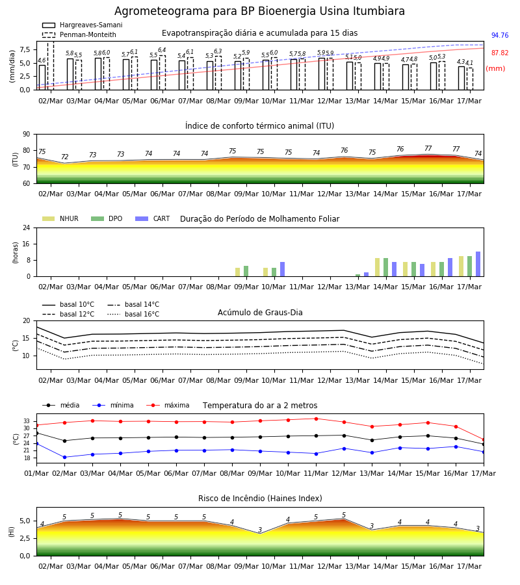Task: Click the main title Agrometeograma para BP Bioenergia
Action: pyautogui.click(x=259, y=11)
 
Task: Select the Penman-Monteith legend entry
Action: pyautogui.click(x=79, y=34)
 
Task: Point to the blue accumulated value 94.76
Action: pyautogui.click(x=500, y=36)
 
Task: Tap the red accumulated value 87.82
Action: pyautogui.click(x=500, y=53)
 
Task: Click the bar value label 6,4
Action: pyautogui.click(x=162, y=50)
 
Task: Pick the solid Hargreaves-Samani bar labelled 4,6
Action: pyautogui.click(x=42, y=77)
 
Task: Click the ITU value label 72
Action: pyautogui.click(x=64, y=157)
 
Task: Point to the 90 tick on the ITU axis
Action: pyautogui.click(x=27, y=135)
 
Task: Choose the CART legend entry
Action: pyautogui.click(x=153, y=218)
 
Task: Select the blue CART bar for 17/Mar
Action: pyautogui.click(x=478, y=264)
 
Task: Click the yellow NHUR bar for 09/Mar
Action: pyautogui.click(x=238, y=272)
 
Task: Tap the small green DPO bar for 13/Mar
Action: pyautogui.click(x=357, y=276)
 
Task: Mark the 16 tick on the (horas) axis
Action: pyautogui.click(x=27, y=244)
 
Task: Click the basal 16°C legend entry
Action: pyautogui.click(x=133, y=314)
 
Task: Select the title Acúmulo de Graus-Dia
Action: pyautogui.click(x=260, y=313)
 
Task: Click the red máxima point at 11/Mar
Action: pyautogui.click(x=317, y=419)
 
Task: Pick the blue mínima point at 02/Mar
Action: pyautogui.click(x=64, y=457)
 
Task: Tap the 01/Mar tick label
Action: pyautogui.click(x=36, y=473)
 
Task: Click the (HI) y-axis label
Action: pyautogui.click(x=11, y=532)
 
